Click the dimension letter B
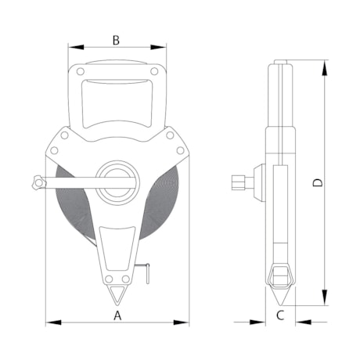click(116, 39)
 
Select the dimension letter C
click(280, 315)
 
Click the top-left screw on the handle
click(81, 72)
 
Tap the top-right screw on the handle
click(154, 72)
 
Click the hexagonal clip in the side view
click(279, 275)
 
